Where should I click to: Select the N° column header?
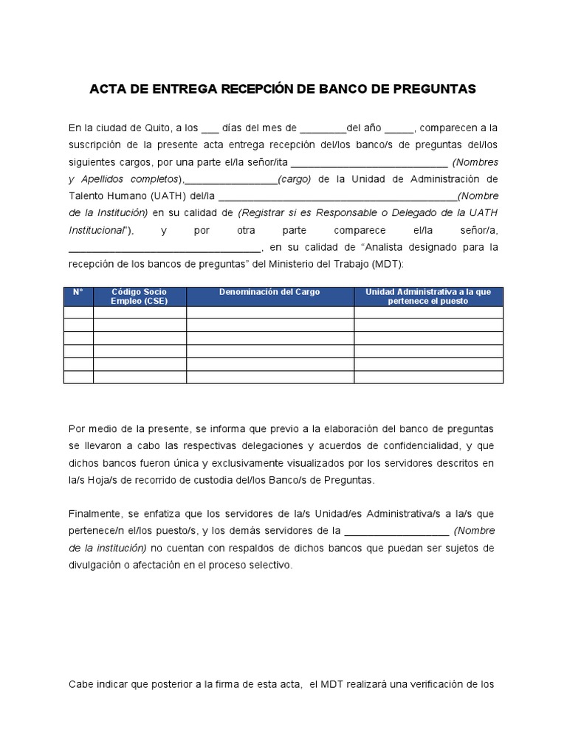click(x=78, y=293)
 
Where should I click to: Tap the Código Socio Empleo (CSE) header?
click(x=140, y=296)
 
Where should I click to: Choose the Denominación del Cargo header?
click(x=269, y=293)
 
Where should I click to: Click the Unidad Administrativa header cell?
click(x=428, y=296)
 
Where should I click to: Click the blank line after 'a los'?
click(x=210, y=129)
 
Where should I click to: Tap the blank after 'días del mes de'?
click(x=323, y=129)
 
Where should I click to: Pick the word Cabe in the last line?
click(x=80, y=684)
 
